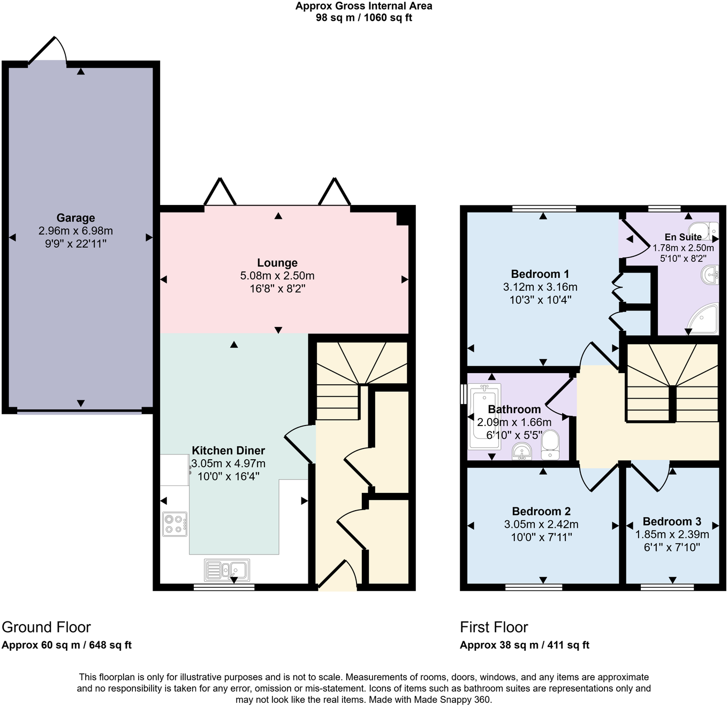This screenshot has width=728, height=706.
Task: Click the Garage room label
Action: (75, 218)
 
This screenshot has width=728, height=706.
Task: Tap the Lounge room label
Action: (277, 263)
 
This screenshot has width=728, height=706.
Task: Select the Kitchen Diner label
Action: (228, 451)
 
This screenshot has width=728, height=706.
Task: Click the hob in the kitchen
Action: (175, 524)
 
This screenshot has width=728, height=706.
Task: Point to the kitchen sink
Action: (227, 570)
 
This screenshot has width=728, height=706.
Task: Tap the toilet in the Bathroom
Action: (550, 445)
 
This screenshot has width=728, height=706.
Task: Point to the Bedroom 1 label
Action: (540, 274)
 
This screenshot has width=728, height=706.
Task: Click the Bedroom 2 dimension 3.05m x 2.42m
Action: (541, 525)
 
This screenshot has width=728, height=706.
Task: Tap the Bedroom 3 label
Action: (672, 521)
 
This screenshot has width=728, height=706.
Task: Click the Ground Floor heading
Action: (47, 627)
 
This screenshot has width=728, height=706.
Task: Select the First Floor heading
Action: (494, 627)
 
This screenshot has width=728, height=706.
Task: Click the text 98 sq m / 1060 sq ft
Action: (364, 18)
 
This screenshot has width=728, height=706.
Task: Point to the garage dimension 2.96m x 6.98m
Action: (75, 231)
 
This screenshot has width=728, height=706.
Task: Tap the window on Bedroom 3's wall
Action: (667, 587)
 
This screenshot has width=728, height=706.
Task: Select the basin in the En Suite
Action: (710, 275)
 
